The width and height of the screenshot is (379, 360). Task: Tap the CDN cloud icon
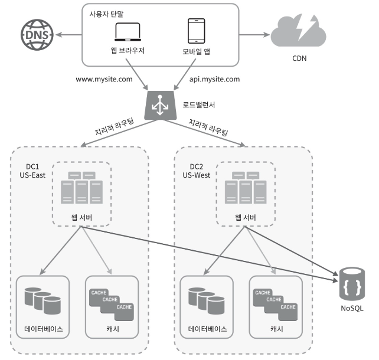click(299, 33)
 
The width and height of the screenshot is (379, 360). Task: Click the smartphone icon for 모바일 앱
click(196, 32)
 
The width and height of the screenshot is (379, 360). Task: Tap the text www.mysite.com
click(104, 79)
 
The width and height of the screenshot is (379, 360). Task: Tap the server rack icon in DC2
click(245, 187)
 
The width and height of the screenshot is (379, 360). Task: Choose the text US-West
click(197, 176)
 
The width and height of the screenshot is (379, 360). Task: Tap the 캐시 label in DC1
click(112, 329)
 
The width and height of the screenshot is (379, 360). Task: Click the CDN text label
click(299, 58)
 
